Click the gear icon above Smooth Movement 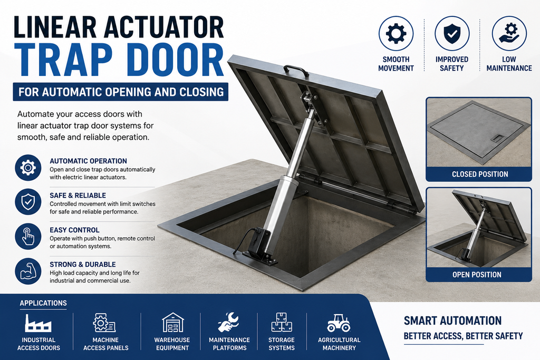[x=396, y=34]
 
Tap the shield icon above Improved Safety [x=452, y=34]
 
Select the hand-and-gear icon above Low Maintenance [x=509, y=34]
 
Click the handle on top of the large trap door [x=296, y=71]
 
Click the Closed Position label [x=480, y=174]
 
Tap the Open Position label [x=477, y=275]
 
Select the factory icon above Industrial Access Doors [x=38, y=323]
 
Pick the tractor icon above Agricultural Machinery [x=339, y=323]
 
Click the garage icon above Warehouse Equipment [x=172, y=323]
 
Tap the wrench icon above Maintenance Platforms [x=228, y=322]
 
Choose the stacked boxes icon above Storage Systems [x=282, y=323]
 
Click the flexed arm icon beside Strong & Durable [x=28, y=271]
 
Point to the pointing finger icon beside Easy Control [x=28, y=237]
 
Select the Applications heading [x=43, y=303]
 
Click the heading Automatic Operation [x=88, y=161]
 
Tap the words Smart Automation [x=452, y=321]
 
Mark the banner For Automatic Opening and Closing [x=121, y=92]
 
